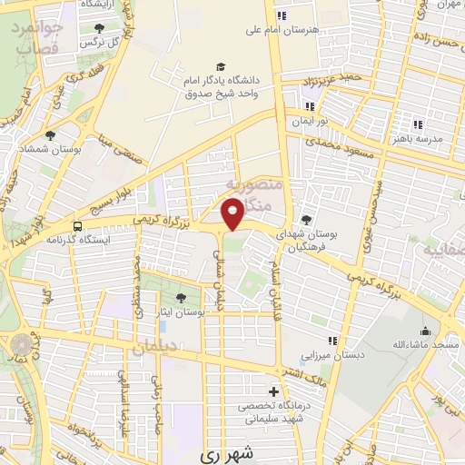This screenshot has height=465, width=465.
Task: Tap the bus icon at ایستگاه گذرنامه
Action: click(x=78, y=226)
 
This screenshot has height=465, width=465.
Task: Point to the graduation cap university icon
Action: click(x=222, y=66)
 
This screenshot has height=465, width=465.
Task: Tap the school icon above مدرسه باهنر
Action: click(x=418, y=124)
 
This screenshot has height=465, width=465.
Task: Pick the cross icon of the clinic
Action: click(x=273, y=391)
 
